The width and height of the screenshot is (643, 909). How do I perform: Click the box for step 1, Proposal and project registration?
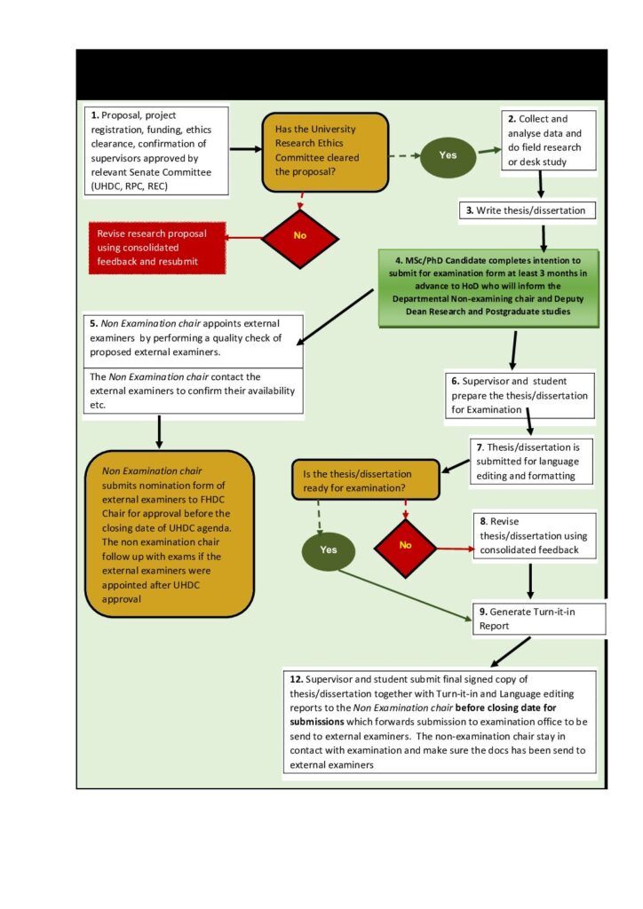tap(156, 151)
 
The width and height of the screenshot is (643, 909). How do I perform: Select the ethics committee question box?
tap(325, 153)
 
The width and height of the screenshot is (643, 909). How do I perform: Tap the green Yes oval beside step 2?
tap(448, 155)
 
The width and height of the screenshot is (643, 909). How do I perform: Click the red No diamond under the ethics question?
tap(300, 238)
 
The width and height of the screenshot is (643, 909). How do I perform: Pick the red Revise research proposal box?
tap(157, 248)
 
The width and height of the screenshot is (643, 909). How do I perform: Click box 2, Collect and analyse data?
tap(549, 140)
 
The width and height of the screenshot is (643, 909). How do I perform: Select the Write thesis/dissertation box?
tap(527, 210)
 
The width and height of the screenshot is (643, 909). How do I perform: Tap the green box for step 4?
tap(488, 289)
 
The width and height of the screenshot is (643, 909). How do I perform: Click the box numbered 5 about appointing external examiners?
tap(193, 341)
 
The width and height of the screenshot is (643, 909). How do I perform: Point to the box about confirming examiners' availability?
tap(193, 391)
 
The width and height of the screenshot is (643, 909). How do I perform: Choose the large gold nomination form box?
tap(170, 534)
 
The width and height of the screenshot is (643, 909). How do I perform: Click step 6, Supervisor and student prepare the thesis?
tap(520, 395)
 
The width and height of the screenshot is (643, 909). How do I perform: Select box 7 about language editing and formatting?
tap(531, 462)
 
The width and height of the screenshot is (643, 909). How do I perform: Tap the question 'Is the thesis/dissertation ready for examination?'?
tap(365, 480)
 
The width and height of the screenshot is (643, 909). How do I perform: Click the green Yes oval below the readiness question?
tap(329, 550)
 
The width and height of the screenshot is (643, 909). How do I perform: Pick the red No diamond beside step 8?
tap(405, 547)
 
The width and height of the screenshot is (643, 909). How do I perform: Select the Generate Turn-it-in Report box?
tap(538, 619)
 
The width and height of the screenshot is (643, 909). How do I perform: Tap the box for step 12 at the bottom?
tap(440, 722)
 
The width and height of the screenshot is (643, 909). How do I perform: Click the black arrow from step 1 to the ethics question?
tap(246, 149)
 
